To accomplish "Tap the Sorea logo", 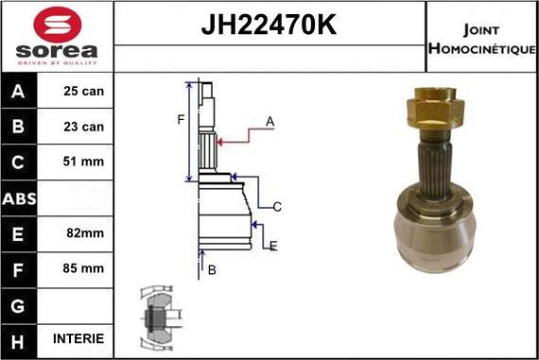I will [x=56, y=37].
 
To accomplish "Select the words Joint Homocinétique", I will [x=482, y=38].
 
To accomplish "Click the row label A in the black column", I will [x=20, y=92].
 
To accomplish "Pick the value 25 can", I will [x=84, y=92].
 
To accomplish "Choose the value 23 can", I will [x=84, y=127].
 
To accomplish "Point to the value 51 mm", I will [x=84, y=162].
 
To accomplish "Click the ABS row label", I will [x=20, y=197].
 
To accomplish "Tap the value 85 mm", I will [x=84, y=268].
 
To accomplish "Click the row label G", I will [x=20, y=303].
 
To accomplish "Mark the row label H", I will [x=20, y=338].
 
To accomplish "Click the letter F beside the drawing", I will [x=180, y=119].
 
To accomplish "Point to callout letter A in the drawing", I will [x=269, y=121].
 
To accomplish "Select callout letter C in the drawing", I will [x=277, y=206].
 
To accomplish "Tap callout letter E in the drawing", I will [x=273, y=247].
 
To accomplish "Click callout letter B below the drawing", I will [x=212, y=270].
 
